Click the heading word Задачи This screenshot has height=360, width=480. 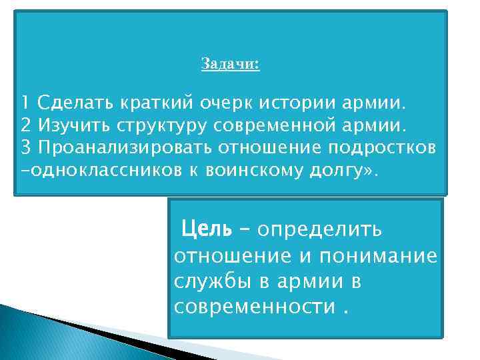tap(230, 65)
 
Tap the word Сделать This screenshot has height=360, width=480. tap(77, 104)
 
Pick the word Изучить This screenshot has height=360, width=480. tap(73, 125)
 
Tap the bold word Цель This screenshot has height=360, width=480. tap(207, 229)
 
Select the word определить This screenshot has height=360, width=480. tap(320, 229)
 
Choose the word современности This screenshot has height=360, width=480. tap(255, 307)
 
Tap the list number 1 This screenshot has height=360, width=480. tap(25, 104)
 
